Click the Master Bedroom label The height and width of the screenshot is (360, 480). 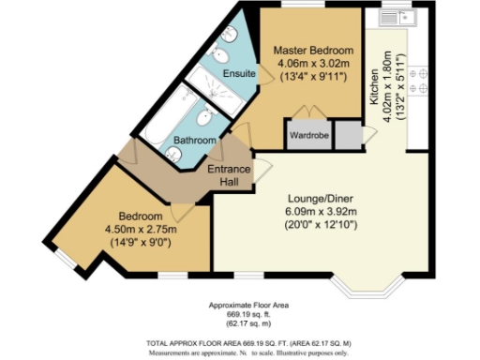click(x=313, y=49)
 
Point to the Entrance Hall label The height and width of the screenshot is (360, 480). click(x=228, y=175)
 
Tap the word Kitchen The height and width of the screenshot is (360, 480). click(x=372, y=87)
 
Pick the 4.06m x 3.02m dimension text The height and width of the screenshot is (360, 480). click(x=313, y=63)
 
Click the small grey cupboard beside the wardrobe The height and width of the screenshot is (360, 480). click(x=347, y=135)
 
